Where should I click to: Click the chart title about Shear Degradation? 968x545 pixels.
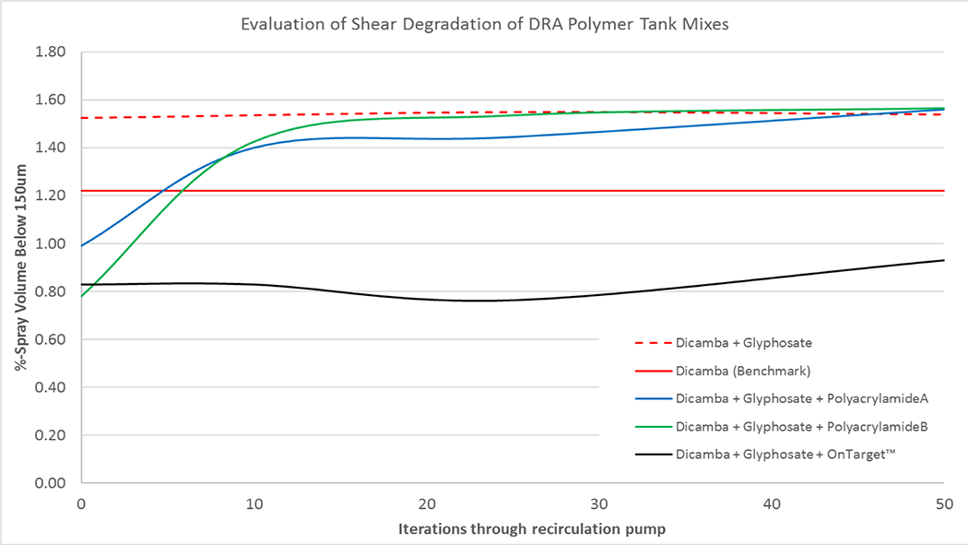coord(485,24)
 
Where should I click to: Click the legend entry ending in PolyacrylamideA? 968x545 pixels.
coord(800,400)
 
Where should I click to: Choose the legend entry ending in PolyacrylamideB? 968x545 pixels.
coord(800,428)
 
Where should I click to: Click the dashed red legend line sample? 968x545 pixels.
coord(652,343)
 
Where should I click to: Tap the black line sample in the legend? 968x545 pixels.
coord(652,456)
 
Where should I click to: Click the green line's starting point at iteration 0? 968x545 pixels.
coord(81,296)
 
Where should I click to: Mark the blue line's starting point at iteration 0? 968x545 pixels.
coord(81,246)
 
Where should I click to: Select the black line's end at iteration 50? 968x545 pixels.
coord(943,260)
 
